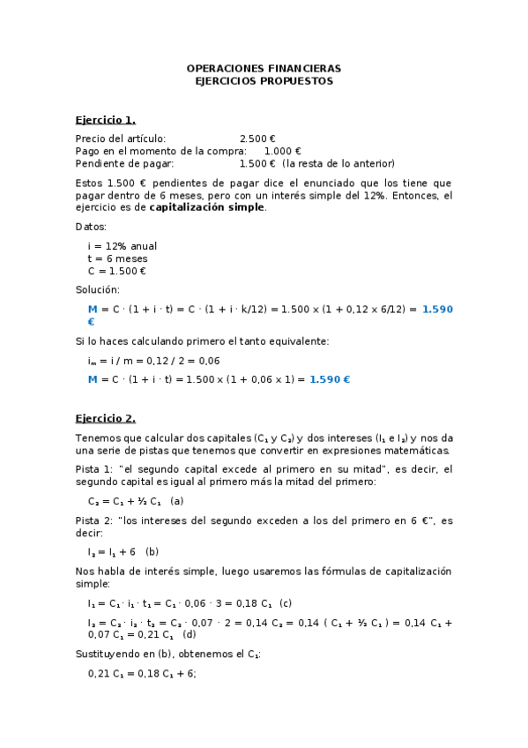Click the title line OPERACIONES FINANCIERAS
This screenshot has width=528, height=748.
coord(264,68)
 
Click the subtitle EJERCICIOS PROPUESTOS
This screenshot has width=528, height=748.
coord(264,80)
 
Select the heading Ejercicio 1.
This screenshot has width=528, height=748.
coord(105,119)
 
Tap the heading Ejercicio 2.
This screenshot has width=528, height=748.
coord(105,418)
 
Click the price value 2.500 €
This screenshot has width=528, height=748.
coord(257,138)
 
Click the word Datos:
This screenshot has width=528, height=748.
coord(91,227)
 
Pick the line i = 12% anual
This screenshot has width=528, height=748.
coord(123,246)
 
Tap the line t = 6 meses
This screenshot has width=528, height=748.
coord(117,258)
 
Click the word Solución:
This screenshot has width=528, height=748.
coord(97,290)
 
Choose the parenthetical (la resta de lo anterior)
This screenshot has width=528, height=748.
coord(338,163)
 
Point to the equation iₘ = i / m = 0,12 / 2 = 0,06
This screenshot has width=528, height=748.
coord(141,361)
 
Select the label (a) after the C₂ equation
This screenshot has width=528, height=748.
coord(177,501)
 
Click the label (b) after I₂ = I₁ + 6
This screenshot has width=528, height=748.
coord(152,551)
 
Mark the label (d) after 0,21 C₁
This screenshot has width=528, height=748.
coord(189,635)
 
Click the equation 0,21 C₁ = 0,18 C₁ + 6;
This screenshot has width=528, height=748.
coord(142,673)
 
